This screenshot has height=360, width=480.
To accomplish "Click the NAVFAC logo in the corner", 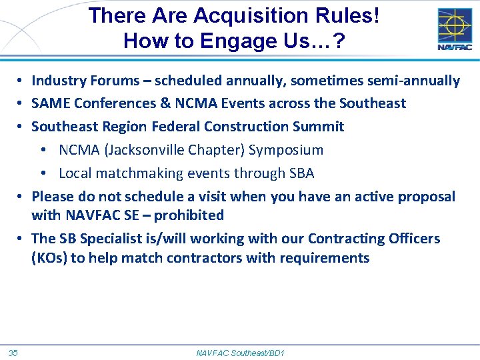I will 455,29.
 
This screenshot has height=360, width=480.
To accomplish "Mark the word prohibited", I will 189,215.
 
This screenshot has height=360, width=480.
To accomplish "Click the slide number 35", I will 13,352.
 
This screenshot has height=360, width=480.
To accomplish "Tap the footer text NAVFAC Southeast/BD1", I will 240,352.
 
